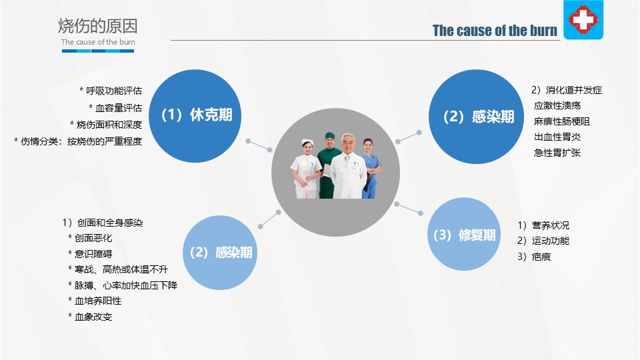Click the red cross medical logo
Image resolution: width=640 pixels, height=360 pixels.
coord(583,19)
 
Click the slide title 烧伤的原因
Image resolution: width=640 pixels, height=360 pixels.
coord(97,26)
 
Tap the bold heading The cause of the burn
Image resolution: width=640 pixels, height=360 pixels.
coord(495,31)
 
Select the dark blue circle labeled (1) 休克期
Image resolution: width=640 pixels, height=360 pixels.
coord(195,116)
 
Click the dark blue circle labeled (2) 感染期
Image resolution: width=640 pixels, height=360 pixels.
coord(476,117)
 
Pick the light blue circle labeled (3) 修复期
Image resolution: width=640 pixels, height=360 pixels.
coord(464,234)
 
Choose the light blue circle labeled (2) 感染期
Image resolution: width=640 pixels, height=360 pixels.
coord(220,253)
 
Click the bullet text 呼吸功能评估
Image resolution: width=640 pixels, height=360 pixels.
coord(114,91)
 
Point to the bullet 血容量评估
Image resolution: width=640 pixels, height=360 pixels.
coord(119,108)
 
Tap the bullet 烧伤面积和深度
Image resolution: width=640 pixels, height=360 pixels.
coord(109,125)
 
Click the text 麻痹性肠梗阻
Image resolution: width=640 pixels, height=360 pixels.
coord(561,121)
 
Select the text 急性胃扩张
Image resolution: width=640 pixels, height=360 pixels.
coord(557,153)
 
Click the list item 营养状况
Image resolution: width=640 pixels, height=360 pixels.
coord(551,225)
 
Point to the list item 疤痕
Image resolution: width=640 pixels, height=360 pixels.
coord(541,257)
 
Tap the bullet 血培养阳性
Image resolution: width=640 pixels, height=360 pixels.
coord(98,301)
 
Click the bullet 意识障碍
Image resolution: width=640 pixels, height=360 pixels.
coord(93,254)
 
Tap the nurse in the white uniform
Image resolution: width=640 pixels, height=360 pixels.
coord(305,169)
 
